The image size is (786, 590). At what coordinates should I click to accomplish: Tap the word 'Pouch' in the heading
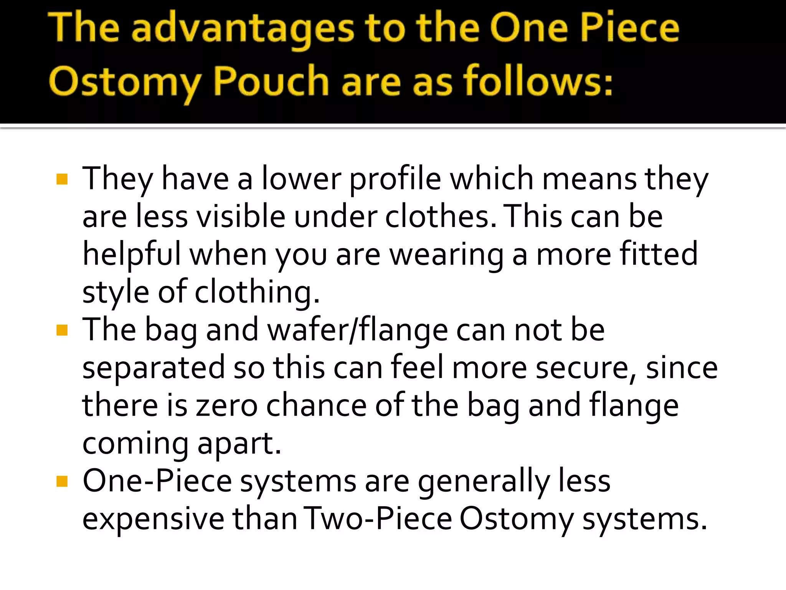coord(271,81)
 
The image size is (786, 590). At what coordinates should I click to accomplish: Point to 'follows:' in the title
coord(538,81)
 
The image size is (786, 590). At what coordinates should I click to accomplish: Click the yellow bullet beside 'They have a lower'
coord(62,179)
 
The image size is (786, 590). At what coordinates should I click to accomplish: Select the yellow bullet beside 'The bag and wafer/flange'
coord(62,330)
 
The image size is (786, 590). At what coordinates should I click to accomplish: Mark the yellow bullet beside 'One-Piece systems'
coord(62,481)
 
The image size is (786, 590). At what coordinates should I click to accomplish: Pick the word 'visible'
coord(241,216)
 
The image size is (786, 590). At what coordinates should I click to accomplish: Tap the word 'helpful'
coord(132,254)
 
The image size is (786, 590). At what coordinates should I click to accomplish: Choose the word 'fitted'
coord(659,254)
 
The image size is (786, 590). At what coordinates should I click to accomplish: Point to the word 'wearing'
coord(446,254)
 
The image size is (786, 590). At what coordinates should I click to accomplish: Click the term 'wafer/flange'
coord(357,330)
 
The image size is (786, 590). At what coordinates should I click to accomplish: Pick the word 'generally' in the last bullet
coord(484,481)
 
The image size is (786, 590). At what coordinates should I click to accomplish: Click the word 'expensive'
coord(153,519)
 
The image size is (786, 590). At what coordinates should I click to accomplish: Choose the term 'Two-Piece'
coord(378,519)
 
